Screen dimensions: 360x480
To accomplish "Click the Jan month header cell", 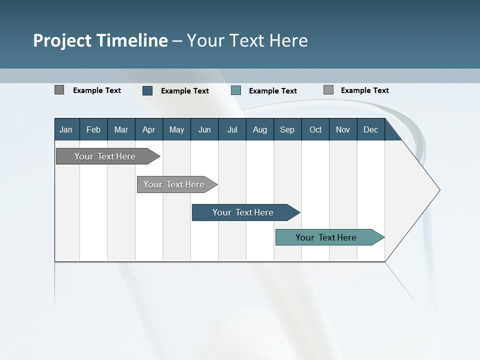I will click(x=66, y=129).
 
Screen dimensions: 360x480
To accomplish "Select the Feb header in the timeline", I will click(x=93, y=129).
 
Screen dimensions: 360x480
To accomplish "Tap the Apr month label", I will click(x=148, y=129).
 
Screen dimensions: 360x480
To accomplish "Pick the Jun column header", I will click(x=204, y=129).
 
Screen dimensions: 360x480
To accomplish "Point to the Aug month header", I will click(x=259, y=129).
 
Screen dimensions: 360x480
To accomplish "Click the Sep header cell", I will click(x=287, y=129).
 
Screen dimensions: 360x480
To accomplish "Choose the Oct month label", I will click(x=315, y=129).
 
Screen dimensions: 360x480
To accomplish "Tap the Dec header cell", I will click(x=370, y=129).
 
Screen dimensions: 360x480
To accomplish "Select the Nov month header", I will click(x=343, y=129).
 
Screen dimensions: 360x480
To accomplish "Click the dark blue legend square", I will click(x=147, y=90).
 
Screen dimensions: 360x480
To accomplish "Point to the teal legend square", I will click(x=236, y=90).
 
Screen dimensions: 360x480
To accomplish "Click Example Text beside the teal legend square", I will click(x=272, y=91).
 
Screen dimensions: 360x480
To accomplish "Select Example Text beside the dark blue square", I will click(x=184, y=91).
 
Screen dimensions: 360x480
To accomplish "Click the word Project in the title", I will click(x=62, y=40).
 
